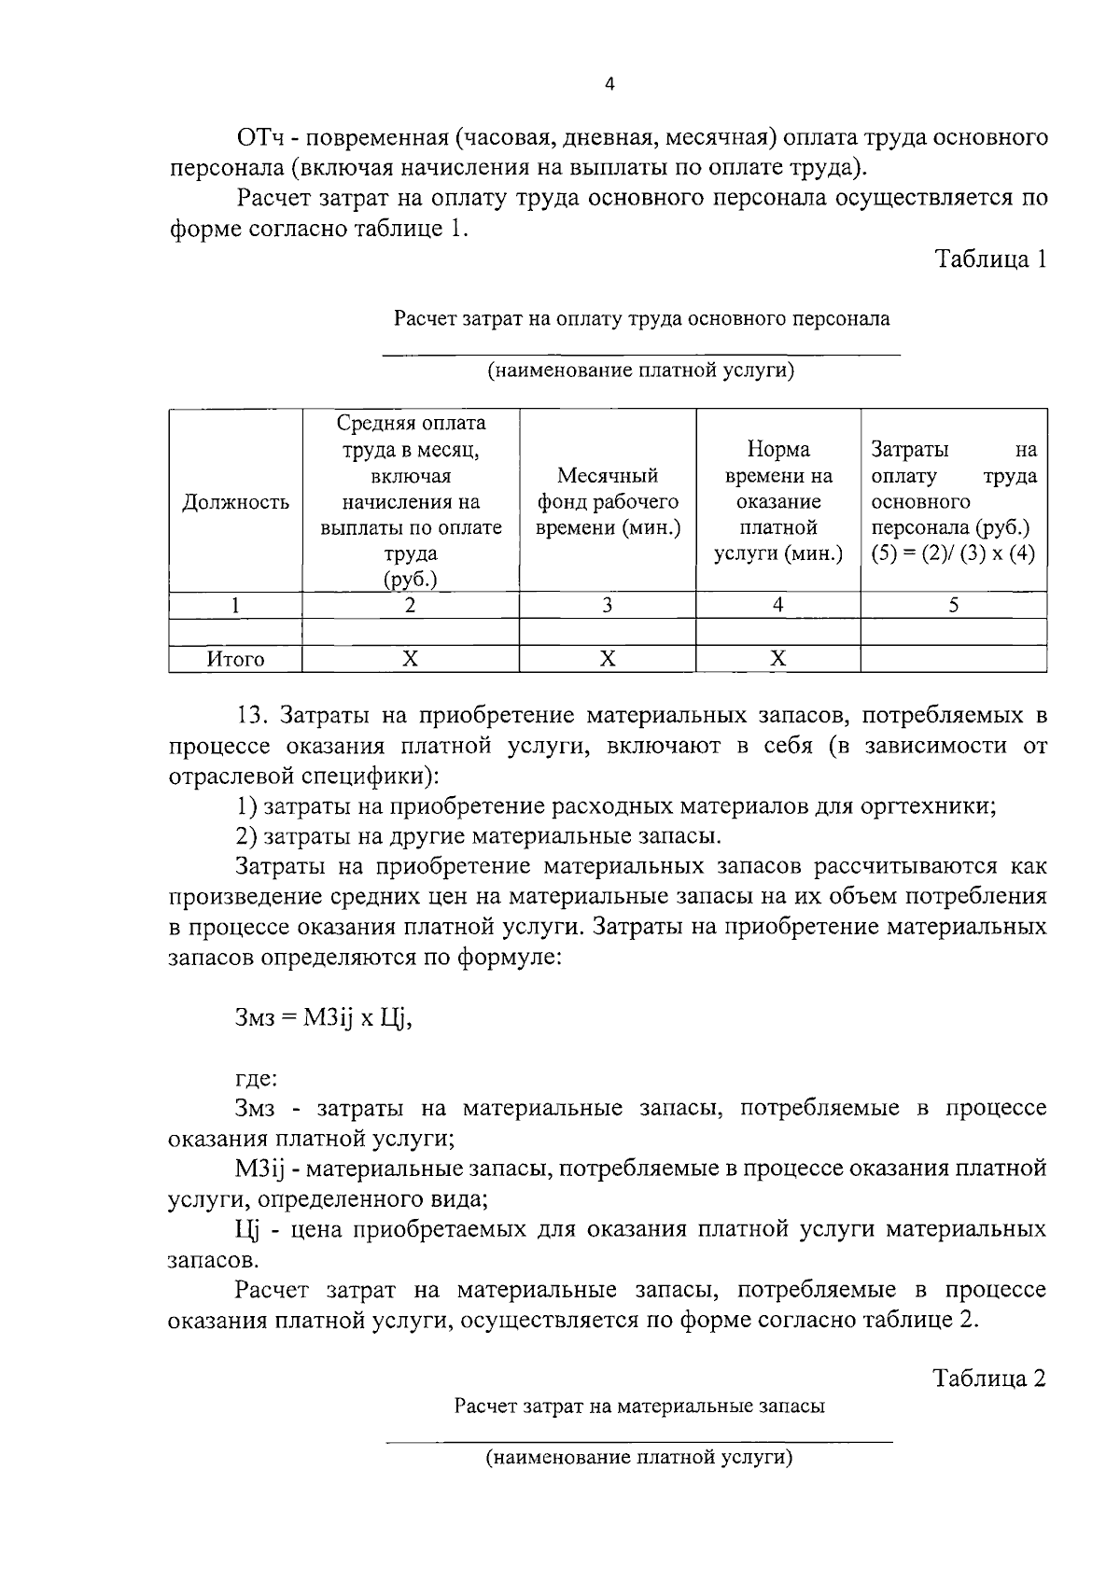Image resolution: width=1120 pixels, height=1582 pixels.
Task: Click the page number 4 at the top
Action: (609, 85)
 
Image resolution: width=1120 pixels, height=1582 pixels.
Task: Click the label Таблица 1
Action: (991, 259)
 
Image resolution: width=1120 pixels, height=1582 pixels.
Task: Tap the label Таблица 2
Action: (989, 1379)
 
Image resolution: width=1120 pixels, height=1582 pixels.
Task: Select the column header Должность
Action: (235, 503)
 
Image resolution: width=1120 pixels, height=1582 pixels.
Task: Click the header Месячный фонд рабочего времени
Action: (608, 502)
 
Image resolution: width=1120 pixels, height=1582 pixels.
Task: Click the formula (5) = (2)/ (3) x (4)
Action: (953, 554)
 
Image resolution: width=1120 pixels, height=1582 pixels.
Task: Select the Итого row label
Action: (235, 660)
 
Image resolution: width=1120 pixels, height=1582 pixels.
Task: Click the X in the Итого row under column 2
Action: (410, 660)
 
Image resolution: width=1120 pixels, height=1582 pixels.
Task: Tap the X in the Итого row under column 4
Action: (778, 660)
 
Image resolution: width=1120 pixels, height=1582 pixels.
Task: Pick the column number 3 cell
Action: (608, 606)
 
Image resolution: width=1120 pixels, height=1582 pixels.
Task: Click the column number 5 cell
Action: (953, 606)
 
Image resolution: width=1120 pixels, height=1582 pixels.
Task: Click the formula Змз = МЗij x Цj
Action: (323, 1018)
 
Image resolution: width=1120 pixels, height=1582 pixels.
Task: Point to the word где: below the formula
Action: (256, 1079)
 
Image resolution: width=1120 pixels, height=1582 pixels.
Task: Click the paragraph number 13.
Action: (253, 717)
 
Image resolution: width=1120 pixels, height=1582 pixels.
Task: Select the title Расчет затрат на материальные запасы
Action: (639, 1407)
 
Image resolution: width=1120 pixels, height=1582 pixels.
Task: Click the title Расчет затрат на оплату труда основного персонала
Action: (641, 319)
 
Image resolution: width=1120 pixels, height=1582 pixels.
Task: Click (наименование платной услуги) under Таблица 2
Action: (639, 1457)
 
